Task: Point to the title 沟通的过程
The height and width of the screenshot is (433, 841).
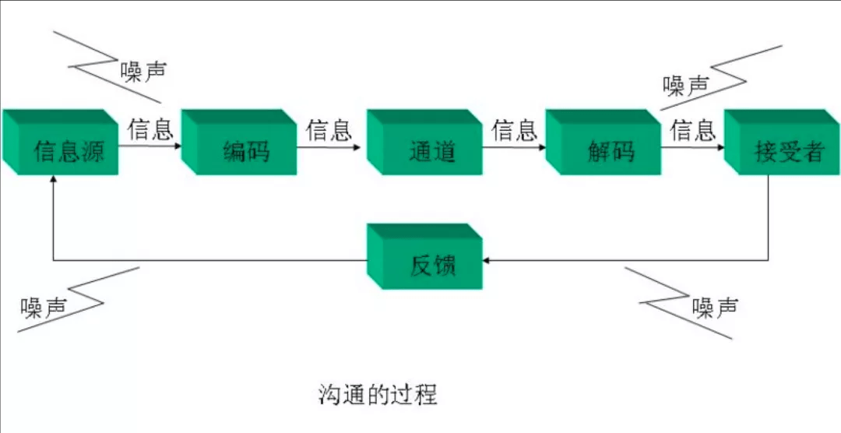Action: pos(378,394)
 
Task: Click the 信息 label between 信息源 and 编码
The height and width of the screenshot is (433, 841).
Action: pos(151,129)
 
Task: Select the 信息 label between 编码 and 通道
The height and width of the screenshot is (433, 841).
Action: pos(329,129)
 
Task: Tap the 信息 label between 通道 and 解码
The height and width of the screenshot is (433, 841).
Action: pos(514,129)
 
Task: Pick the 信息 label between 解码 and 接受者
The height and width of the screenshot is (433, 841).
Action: pos(692,129)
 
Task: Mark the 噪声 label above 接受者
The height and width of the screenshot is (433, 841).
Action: pos(685,85)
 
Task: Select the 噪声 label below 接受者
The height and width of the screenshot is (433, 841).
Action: pos(715,308)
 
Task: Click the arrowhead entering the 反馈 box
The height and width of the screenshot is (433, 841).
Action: pos(487,260)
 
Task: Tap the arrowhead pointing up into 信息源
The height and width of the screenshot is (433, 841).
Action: pos(53,179)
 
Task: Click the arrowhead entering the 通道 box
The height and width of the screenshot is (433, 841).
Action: pos(364,146)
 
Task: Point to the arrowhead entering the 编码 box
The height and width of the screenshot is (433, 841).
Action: pos(178,146)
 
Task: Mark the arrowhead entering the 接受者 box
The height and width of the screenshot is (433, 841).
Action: pos(720,146)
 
